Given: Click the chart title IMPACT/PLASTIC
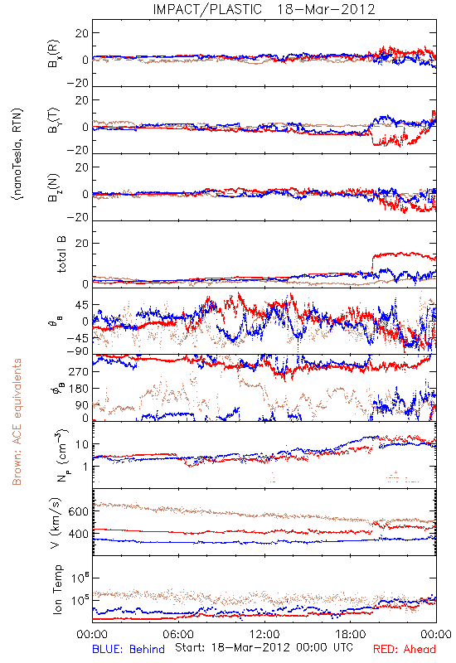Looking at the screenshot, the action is [207, 9].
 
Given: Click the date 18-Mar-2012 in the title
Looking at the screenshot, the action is [326, 9].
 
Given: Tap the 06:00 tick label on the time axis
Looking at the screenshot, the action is [178, 634].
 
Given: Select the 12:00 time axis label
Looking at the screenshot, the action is [264, 634].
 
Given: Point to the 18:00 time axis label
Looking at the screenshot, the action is [351, 634].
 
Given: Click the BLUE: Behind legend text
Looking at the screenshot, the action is [129, 649].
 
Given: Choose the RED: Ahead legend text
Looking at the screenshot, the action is [404, 649].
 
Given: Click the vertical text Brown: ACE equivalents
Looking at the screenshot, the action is [17, 422].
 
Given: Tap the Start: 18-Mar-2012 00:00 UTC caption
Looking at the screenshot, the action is [264, 647].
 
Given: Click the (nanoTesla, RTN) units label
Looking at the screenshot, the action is [17, 153].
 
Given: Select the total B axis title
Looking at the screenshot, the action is [61, 254].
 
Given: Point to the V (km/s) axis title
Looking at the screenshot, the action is [56, 522].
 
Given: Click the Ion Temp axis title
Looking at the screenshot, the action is [57, 589].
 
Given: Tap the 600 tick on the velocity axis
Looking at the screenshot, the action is [78, 511].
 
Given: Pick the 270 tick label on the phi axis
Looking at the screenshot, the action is [79, 371].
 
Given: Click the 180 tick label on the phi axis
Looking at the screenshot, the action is [79, 389].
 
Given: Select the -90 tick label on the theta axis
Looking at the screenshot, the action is [78, 351].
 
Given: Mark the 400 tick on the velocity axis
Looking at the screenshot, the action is [78, 534].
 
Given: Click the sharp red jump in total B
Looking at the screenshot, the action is [372, 263].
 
